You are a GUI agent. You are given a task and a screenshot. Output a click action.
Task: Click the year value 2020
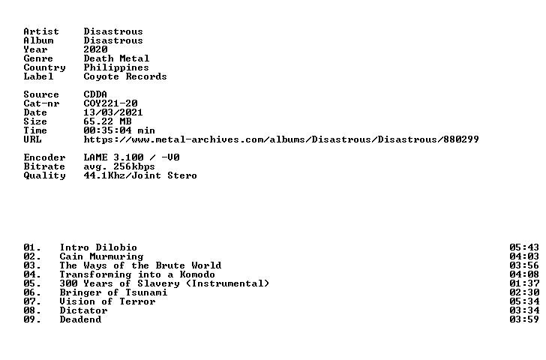(95, 49)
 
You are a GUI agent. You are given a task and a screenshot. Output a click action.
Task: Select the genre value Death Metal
(116, 58)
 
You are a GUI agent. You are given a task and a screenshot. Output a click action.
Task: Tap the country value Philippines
(116, 68)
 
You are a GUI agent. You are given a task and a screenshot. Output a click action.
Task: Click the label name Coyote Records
(125, 77)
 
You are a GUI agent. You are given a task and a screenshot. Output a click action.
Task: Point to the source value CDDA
(95, 94)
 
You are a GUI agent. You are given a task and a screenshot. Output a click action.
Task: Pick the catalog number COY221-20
(110, 103)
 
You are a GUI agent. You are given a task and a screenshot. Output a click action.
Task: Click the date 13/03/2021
(113, 112)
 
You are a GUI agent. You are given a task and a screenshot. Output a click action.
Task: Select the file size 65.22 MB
(107, 121)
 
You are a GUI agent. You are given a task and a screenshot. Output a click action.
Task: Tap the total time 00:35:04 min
(119, 130)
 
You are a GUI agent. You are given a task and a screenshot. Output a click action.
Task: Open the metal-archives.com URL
(281, 139)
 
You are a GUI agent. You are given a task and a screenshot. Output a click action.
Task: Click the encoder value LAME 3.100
(113, 157)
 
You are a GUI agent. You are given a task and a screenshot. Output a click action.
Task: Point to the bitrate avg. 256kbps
(119, 166)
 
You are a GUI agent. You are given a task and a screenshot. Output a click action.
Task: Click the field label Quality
(44, 175)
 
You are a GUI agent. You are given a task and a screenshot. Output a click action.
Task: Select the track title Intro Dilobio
(98, 247)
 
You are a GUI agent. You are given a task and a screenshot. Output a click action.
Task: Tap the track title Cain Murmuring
(101, 257)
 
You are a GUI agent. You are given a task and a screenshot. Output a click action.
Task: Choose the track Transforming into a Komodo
(137, 274)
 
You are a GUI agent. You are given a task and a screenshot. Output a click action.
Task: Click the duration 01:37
(524, 283)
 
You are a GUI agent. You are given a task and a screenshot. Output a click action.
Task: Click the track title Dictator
(83, 310)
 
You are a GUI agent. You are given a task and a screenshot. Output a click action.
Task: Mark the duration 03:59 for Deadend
(524, 319)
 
